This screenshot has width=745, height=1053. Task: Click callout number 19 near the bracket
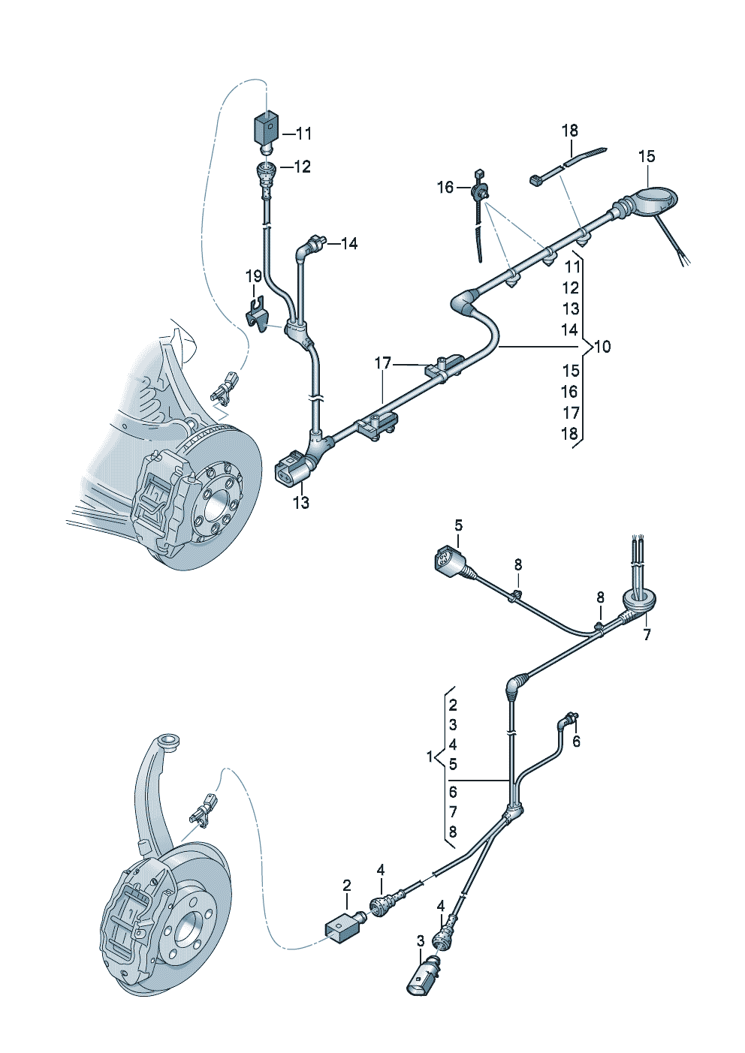[x=253, y=276]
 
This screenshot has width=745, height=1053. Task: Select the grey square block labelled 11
[x=264, y=129]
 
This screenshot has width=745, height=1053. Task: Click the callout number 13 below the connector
[x=300, y=503]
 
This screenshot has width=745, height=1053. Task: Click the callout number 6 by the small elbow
[x=576, y=742]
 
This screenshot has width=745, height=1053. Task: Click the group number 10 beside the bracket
[x=602, y=347]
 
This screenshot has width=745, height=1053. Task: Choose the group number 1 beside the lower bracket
[x=430, y=757]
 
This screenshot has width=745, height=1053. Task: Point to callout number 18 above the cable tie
[x=570, y=131]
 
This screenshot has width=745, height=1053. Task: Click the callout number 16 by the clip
[x=445, y=187]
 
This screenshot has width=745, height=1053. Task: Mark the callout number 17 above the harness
[x=383, y=363]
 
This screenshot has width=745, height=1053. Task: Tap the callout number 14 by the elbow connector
[x=349, y=243]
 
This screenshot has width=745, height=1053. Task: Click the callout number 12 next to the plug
[x=302, y=167]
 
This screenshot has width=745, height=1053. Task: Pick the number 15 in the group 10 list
[x=571, y=371]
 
